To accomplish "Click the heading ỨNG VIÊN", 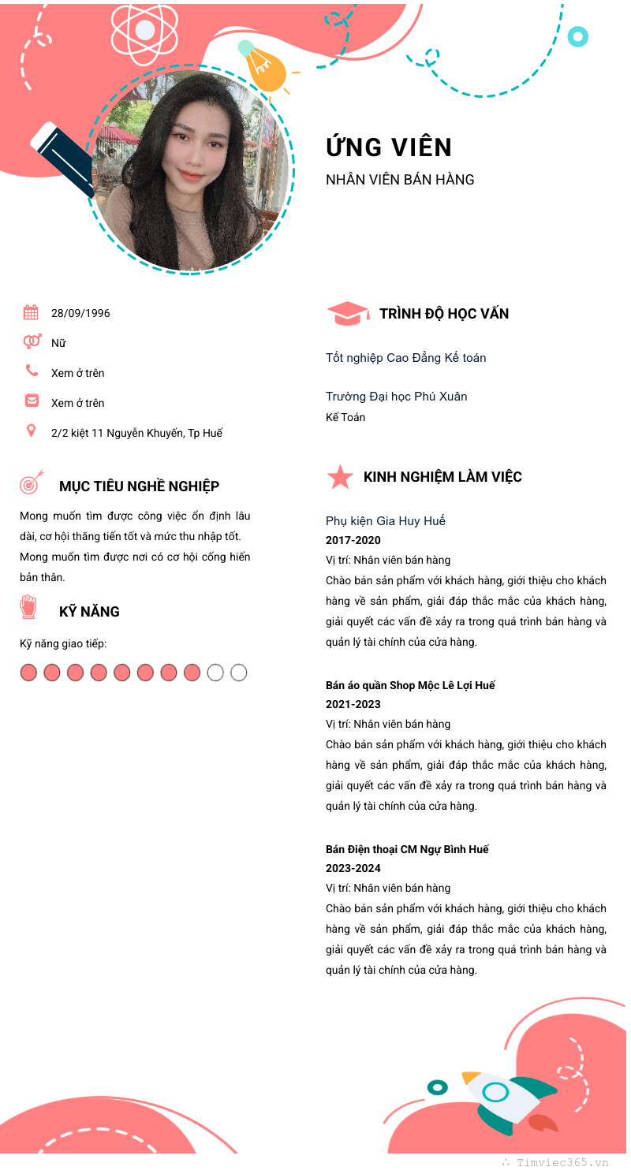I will tap(389, 147).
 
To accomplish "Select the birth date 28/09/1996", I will tap(80, 313).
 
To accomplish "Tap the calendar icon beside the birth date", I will tap(31, 312).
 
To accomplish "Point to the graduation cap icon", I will tap(347, 314).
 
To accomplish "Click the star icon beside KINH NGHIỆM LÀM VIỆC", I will tap(340, 477).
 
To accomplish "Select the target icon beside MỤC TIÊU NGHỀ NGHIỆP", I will tap(31, 483).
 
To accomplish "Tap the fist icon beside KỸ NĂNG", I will tap(29, 606).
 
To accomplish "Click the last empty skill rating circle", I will tap(238, 673).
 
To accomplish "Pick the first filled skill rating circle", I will tap(28, 673).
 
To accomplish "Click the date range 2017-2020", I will tap(353, 540).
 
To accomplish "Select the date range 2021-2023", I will tap(353, 704).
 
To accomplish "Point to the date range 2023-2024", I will tap(353, 868).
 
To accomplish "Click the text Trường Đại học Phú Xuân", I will tap(396, 396).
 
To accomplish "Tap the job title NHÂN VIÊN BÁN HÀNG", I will tap(400, 180).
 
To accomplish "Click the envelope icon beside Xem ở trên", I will tap(32, 401).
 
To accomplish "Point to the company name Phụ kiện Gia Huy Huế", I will tap(385, 520).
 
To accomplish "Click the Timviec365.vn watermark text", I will tap(562, 1162).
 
